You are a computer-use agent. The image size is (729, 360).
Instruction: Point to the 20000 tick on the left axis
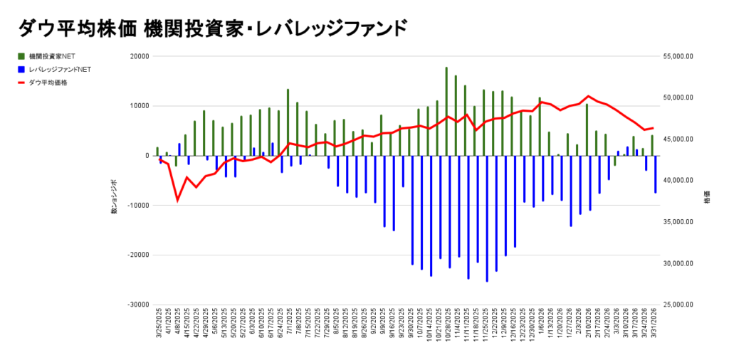(140, 56)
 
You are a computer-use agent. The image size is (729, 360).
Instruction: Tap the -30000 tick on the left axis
(138, 305)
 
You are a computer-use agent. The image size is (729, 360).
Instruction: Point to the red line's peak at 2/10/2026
(587, 96)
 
